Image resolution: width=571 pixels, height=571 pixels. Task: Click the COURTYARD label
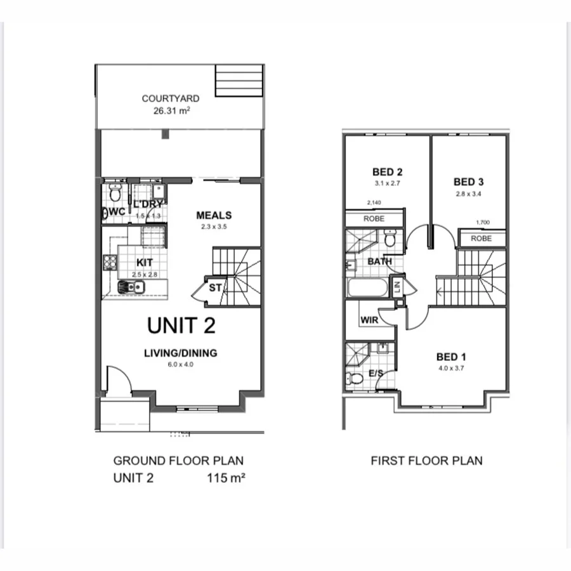point(170,98)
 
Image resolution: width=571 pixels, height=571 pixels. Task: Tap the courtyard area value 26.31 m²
point(171,110)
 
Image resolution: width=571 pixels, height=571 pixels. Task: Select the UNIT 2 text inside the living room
point(181,325)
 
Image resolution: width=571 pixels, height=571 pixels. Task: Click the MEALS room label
point(214,215)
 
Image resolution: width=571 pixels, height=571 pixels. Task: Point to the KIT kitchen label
point(145,263)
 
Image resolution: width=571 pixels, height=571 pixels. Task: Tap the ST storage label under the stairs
point(216,288)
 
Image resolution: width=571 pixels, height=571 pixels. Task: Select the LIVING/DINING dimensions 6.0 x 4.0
point(181,364)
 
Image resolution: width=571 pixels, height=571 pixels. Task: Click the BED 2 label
point(387,171)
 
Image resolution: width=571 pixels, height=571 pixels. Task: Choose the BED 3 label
point(469,180)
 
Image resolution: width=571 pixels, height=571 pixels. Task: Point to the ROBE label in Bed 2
point(374,218)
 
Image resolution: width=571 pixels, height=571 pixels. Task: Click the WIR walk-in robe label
point(369,320)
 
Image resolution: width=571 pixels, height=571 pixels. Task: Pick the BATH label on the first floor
point(379,261)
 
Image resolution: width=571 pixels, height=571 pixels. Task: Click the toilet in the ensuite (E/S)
point(356,378)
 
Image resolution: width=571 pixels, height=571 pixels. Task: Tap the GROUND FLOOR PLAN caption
point(178,461)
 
